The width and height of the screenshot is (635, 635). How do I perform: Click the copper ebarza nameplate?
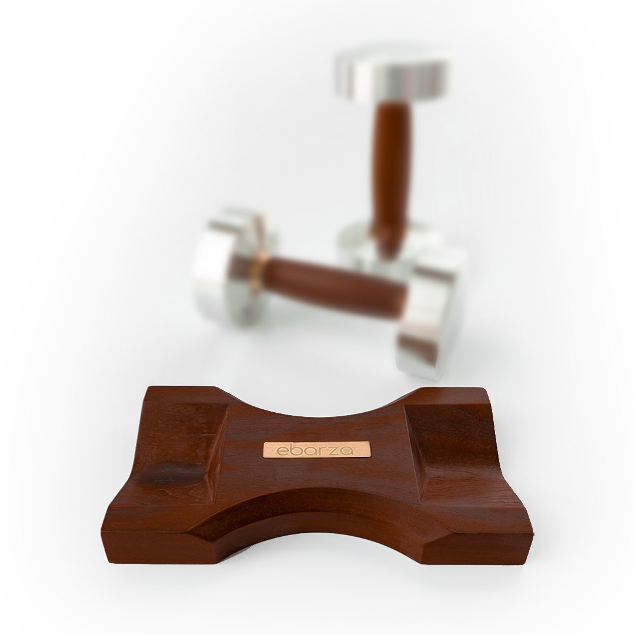click(317, 450)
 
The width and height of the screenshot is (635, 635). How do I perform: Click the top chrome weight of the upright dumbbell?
click(389, 76)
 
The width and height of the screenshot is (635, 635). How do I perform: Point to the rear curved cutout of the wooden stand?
click(317, 406)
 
